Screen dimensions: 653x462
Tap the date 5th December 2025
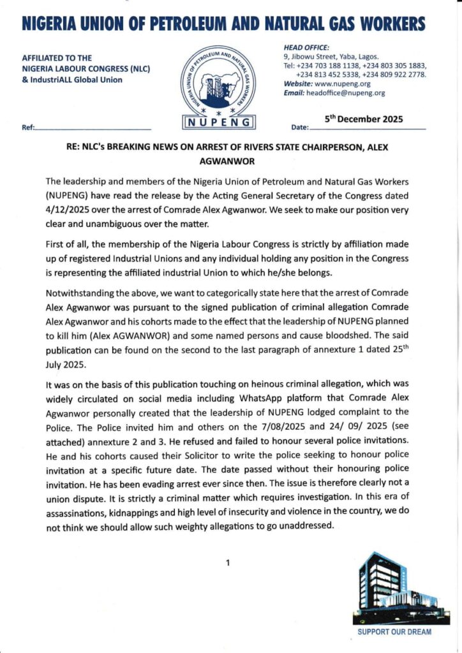point(364,119)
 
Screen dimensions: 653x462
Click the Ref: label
point(28,128)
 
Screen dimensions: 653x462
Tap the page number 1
point(227,562)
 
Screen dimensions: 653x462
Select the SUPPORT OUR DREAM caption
point(394,632)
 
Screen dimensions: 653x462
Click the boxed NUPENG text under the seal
point(220,121)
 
